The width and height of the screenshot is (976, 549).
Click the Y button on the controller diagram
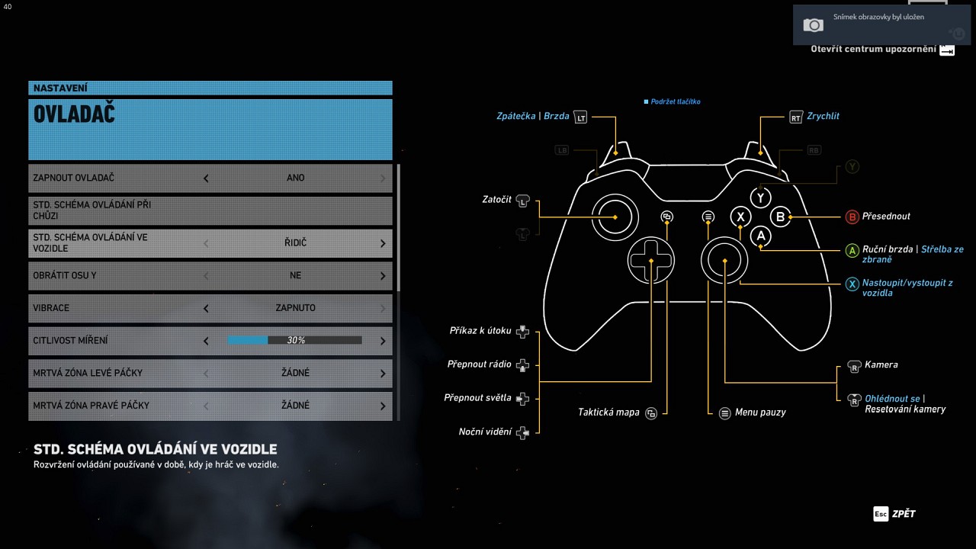[x=760, y=197]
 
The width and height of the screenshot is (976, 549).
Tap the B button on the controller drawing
[x=780, y=217]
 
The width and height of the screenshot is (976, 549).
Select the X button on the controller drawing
[x=740, y=217]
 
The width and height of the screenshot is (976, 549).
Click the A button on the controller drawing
[x=760, y=236]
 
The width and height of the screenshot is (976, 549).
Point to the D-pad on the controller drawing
[x=651, y=261]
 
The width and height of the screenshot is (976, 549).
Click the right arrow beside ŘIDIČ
[x=383, y=243]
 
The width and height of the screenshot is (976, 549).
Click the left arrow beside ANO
[x=206, y=178]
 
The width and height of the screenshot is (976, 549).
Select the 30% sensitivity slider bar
[x=294, y=340]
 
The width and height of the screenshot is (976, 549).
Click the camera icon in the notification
[x=814, y=25]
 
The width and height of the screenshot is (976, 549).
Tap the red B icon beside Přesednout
[x=852, y=217]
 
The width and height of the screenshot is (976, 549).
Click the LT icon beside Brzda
[x=580, y=117]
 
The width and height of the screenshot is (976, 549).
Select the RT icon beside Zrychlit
[x=796, y=117]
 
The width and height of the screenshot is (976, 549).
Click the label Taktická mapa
[x=608, y=413]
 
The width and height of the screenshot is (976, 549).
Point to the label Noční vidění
[x=485, y=432]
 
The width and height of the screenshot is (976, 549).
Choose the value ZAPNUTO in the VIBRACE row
[x=295, y=308]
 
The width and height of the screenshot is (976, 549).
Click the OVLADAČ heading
[x=74, y=114]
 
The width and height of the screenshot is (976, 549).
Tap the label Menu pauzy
[x=760, y=413]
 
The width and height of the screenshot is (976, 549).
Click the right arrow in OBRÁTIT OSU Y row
[x=383, y=276]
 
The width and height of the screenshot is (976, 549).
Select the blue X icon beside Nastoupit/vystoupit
[x=852, y=284]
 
